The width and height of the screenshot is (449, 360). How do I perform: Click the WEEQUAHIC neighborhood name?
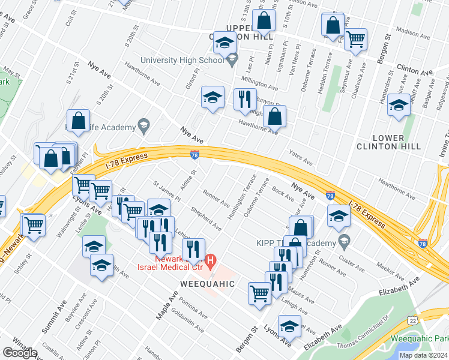[x=203, y=283]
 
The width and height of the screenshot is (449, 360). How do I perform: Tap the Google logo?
[x=19, y=352]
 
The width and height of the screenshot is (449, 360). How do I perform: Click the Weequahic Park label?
[x=419, y=338]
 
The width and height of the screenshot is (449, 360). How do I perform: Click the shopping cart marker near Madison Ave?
[x=356, y=40]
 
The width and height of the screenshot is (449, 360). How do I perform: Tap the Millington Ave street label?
[x=261, y=80]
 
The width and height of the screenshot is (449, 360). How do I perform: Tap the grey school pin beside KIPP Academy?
[x=344, y=243]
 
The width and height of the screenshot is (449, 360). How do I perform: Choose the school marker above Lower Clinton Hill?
[x=399, y=106]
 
